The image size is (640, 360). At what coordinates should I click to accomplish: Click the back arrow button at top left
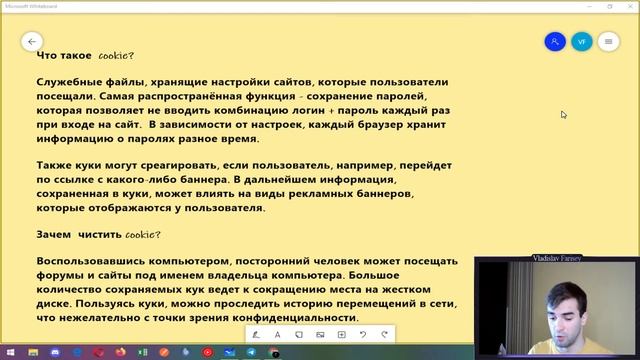[32, 42]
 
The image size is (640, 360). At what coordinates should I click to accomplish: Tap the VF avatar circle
[581, 42]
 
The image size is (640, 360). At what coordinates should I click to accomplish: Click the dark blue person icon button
[555, 42]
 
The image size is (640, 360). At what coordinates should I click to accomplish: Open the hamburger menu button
[608, 42]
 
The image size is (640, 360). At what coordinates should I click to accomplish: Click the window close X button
[628, 5]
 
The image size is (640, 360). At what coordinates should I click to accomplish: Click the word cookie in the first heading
[115, 56]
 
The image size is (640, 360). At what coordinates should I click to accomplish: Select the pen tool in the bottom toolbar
[256, 334]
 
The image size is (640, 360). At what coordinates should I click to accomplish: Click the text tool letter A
[278, 334]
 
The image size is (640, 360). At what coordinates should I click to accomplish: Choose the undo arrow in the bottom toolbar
[363, 334]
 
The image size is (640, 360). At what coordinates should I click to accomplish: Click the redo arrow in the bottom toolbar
[384, 334]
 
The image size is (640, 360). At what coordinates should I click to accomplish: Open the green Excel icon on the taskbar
[142, 352]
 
